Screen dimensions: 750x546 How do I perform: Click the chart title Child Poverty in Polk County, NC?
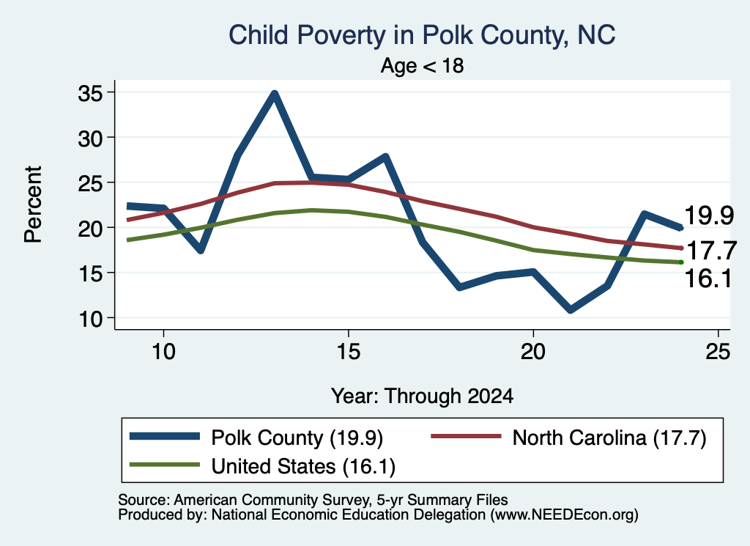tap(422, 35)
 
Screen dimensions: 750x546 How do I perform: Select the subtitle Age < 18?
tap(422, 65)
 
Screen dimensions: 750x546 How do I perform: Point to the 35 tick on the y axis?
tap(90, 93)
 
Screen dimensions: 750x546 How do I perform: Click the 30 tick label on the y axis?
tap(90, 139)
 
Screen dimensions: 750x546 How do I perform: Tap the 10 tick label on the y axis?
tap(90, 319)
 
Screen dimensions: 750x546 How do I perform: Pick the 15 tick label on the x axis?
tap(348, 353)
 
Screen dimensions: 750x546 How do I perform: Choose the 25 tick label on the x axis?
tap(718, 353)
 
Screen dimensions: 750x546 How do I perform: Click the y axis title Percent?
tap(33, 204)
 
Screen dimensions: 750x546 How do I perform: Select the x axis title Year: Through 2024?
tap(422, 396)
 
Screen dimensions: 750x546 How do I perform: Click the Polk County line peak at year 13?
tap(274, 94)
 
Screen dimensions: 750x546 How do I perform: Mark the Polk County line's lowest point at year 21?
tap(570, 309)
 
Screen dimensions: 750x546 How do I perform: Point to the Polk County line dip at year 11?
tap(201, 250)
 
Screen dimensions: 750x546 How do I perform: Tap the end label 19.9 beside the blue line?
tap(709, 215)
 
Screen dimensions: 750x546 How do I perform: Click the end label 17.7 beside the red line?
tap(711, 251)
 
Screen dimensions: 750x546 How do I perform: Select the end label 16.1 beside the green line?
tap(708, 278)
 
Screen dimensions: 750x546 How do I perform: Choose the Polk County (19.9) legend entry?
tap(256, 438)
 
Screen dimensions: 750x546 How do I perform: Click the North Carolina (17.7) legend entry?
tap(568, 438)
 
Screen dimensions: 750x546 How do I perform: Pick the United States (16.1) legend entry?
tap(263, 465)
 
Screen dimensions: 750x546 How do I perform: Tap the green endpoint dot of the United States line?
tap(681, 262)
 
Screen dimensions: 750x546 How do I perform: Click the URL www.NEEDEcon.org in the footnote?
tap(564, 515)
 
